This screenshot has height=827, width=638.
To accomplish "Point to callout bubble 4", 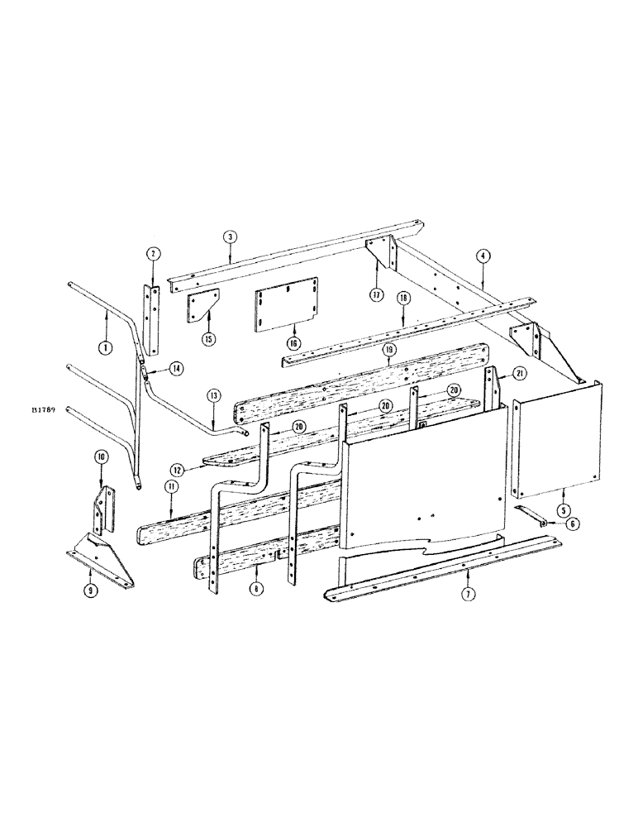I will (x=483, y=257).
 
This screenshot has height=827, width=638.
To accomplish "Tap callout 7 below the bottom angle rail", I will (x=468, y=595).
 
